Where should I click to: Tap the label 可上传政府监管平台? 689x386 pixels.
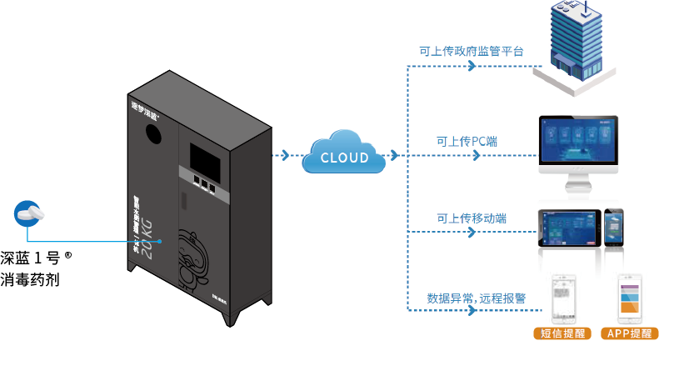pyautogui.click(x=472, y=52)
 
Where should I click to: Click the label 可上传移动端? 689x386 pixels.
pyautogui.click(x=472, y=218)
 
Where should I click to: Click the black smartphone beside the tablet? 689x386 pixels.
pyautogui.click(x=613, y=227)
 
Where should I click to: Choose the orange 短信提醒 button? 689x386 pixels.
pyautogui.click(x=562, y=333)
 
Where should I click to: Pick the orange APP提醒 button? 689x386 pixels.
pyautogui.click(x=629, y=333)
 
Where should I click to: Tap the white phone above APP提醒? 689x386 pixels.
pyautogui.click(x=629, y=298)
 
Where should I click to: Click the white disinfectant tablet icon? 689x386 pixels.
pyautogui.click(x=30, y=213)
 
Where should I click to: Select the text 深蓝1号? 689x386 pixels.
pyautogui.click(x=34, y=258)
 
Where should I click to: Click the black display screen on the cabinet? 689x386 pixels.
pyautogui.click(x=205, y=158)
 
